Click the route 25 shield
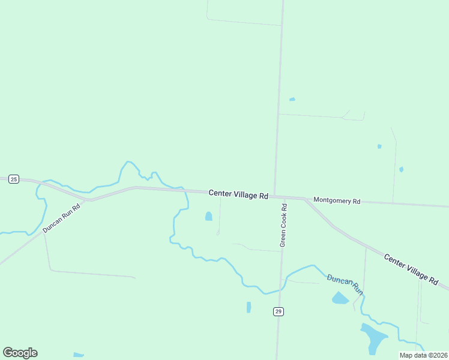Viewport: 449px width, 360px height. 14,179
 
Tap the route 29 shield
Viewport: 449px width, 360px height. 278,311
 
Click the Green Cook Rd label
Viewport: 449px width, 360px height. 284,225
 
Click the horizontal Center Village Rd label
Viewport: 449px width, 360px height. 238,194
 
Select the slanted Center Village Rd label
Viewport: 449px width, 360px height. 411,269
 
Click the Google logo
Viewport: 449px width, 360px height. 20,353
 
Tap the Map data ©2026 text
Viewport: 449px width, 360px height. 424,355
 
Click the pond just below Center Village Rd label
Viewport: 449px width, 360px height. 209,216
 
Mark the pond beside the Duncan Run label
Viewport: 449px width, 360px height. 340,298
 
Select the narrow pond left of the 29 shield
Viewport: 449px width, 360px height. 249,307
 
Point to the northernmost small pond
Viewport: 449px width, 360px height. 292,99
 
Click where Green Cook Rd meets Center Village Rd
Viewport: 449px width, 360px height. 275,196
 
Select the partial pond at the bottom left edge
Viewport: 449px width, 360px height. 79,356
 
